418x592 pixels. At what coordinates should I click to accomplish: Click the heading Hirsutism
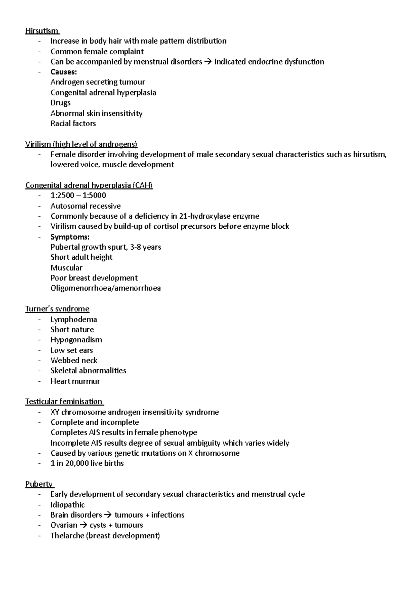(41, 31)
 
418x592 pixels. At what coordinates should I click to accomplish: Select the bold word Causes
(63, 72)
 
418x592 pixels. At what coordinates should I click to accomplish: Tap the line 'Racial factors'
(73, 123)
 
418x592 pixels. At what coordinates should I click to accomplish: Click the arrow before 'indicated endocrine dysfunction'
(208, 62)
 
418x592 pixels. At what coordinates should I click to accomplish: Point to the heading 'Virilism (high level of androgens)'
(81, 144)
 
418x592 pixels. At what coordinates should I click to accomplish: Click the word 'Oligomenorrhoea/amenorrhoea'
(106, 288)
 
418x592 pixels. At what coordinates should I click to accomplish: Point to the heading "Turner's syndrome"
(57, 309)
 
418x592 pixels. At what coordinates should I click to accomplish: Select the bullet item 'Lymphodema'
(73, 319)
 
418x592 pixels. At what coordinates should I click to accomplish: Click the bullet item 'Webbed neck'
(74, 360)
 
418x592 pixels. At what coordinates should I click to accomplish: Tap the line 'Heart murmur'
(75, 381)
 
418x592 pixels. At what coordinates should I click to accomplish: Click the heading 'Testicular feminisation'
(64, 402)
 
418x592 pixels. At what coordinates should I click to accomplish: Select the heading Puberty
(39, 484)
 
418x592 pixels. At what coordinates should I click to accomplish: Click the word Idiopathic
(68, 505)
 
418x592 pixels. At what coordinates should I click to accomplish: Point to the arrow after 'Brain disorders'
(108, 515)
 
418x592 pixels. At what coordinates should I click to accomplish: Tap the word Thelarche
(67, 536)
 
